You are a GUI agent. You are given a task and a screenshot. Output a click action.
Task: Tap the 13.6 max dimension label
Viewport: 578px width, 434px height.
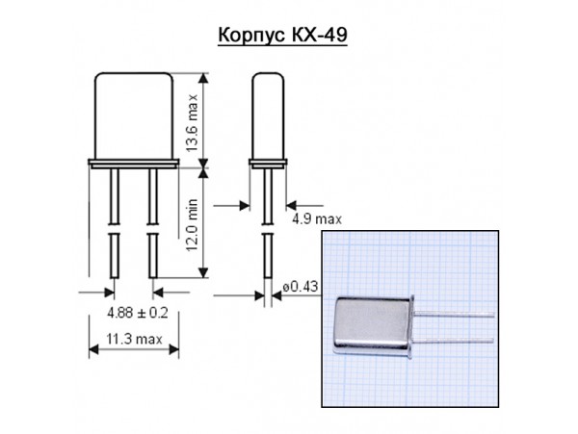[192, 117]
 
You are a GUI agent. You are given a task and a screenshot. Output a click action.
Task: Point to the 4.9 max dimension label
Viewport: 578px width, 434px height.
[317, 218]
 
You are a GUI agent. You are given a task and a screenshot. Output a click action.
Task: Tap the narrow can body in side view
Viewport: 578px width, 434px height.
[268, 115]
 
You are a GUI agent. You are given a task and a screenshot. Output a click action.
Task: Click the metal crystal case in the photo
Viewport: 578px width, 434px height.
[371, 328]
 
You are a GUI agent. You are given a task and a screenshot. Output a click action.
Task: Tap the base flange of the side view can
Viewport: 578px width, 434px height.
[268, 163]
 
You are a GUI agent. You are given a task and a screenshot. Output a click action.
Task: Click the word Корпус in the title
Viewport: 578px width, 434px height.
[250, 38]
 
